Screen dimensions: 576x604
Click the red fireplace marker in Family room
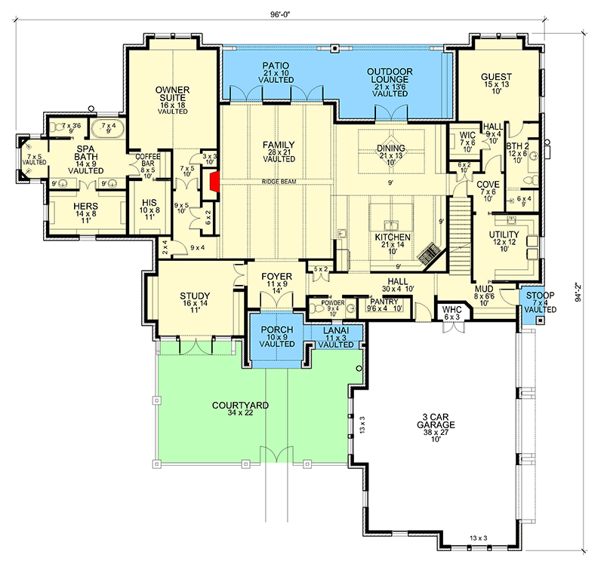[x=215, y=182]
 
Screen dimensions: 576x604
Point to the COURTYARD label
[x=240, y=406]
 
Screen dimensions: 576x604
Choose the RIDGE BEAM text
[x=279, y=181]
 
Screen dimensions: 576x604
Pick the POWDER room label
[x=332, y=302]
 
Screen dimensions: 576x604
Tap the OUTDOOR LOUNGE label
[x=390, y=72]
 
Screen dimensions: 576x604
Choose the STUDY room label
[x=194, y=296]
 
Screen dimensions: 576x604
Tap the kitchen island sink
[x=392, y=224]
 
